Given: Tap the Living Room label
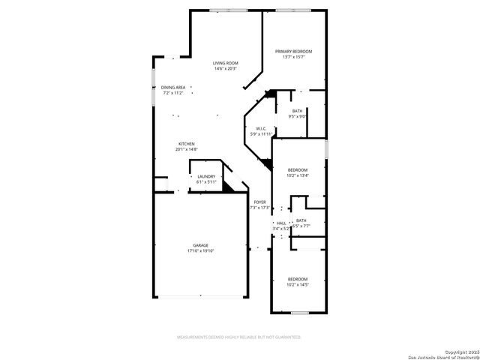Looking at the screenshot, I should (225, 63).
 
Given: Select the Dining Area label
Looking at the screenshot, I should (173, 87).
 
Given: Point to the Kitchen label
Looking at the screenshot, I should (187, 144).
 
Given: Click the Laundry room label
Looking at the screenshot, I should (206, 176).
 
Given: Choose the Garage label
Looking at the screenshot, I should (200, 245).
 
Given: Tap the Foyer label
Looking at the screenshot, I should (260, 202).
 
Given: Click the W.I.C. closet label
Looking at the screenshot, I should (262, 128).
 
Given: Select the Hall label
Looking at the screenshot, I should (281, 223).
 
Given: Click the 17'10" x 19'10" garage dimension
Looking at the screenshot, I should (200, 251).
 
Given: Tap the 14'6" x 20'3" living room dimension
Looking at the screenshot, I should (225, 69).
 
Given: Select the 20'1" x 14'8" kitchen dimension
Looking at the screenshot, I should (187, 149).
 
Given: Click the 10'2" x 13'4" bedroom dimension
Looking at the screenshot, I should (298, 176).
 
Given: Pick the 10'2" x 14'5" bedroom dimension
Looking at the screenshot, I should (298, 285).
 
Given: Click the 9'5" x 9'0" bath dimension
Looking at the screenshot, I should (298, 116).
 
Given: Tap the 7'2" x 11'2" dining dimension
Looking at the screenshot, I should (173, 93).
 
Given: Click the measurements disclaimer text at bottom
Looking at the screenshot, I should (239, 337).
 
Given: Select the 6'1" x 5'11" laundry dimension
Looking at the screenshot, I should (206, 181).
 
